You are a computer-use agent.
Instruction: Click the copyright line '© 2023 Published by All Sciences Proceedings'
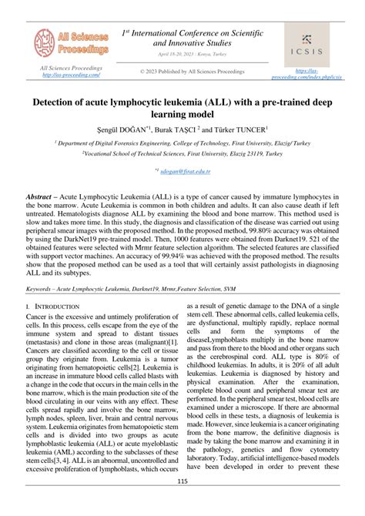pos(192,71)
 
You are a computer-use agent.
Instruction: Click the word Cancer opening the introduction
pos(39,295)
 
